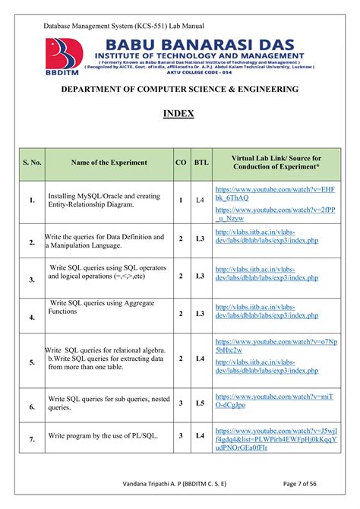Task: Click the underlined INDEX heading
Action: (179, 114)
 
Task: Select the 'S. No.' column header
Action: (32, 163)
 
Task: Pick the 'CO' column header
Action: (181, 163)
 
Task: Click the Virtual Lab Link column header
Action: (276, 163)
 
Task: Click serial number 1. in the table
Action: (32, 201)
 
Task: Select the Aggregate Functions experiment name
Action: (97, 307)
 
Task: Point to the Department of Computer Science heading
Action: (180, 90)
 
